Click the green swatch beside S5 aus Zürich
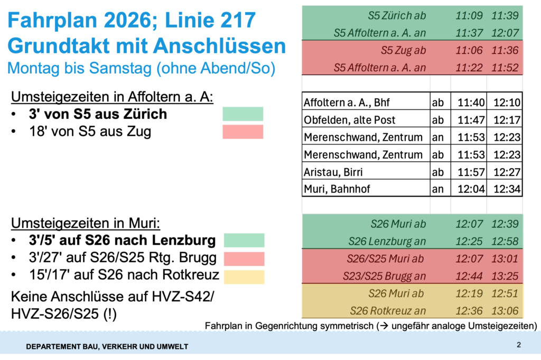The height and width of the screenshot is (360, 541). pyautogui.click(x=242, y=114)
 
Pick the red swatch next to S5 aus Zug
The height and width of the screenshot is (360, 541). pyautogui.click(x=242, y=132)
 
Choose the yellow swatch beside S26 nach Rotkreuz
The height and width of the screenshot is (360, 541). pyautogui.click(x=244, y=276)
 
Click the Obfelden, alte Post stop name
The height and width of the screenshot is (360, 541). pyautogui.click(x=350, y=120)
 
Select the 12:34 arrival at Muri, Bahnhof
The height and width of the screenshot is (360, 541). pyautogui.click(x=504, y=189)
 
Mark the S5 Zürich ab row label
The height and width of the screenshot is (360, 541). pyautogui.click(x=397, y=15)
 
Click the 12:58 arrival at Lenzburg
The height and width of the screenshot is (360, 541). pyautogui.click(x=505, y=241)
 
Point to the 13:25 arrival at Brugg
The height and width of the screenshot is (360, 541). pyautogui.click(x=505, y=276)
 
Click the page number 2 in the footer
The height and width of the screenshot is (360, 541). pyautogui.click(x=519, y=345)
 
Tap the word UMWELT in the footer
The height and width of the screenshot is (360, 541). pyautogui.click(x=172, y=347)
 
